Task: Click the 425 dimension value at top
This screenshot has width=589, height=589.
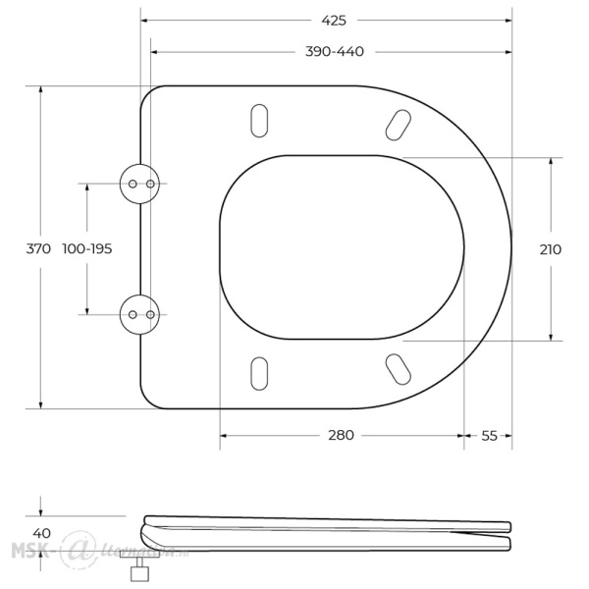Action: pos(332,19)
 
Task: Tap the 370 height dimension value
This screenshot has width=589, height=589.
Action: pos(37,248)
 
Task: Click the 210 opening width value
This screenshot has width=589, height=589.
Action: pos(550,248)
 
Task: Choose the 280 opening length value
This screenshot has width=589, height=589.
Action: pos(341,435)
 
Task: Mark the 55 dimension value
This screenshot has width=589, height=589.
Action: pos(488,435)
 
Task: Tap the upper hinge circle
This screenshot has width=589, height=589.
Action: pos(136,184)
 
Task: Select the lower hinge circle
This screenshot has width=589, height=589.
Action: pos(136,314)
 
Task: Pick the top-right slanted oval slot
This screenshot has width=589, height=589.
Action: pos(398,125)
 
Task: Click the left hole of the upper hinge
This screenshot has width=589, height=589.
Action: pos(130,184)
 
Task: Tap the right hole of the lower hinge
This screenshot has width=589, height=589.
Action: pos(147,314)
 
